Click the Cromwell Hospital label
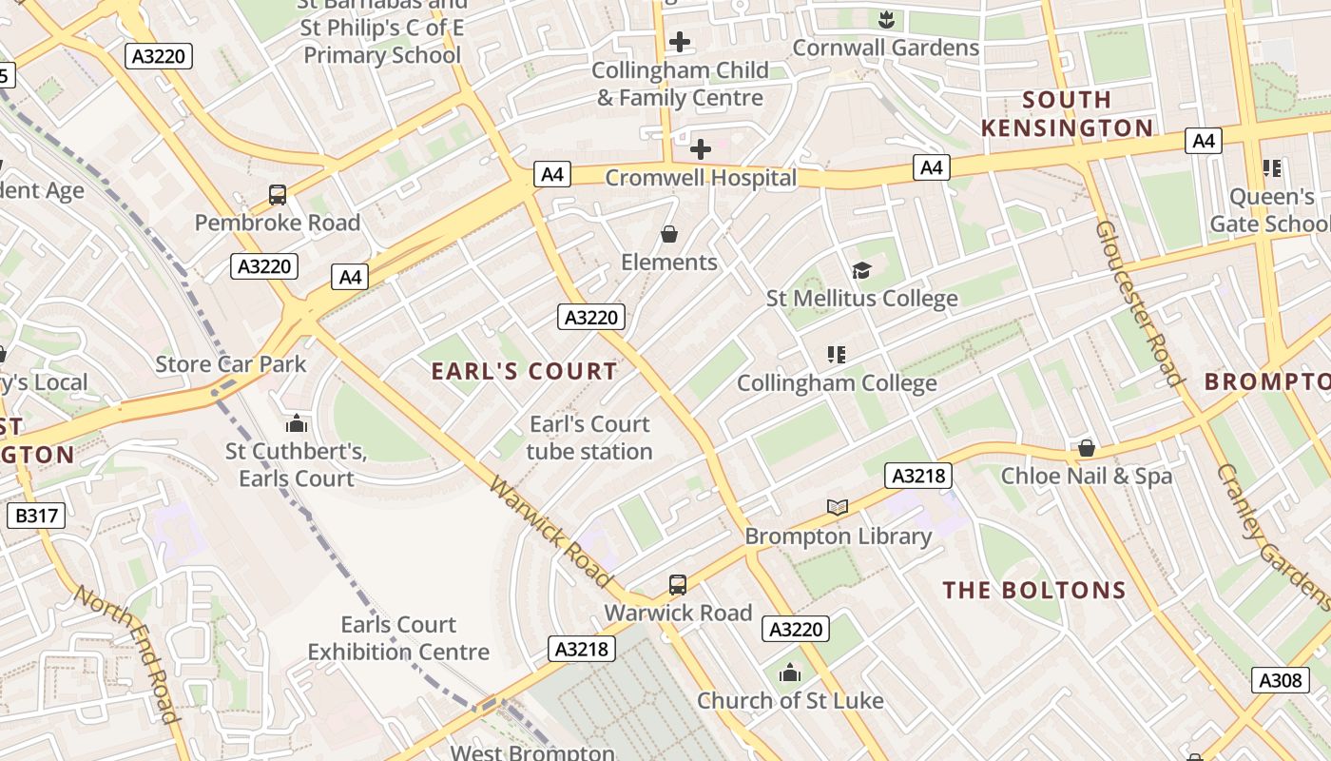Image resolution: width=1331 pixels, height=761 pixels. click(701, 178)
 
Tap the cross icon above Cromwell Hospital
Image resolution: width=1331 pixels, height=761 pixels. click(701, 149)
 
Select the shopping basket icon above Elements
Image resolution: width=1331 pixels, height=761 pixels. click(669, 234)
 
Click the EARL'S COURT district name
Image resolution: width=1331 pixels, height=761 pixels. click(525, 371)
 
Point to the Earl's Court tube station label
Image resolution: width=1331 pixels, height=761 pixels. click(589, 438)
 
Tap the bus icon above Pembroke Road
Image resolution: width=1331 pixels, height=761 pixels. click(278, 195)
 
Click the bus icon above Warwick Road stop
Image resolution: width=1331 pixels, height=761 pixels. click(678, 585)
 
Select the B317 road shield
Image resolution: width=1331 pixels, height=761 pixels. click(36, 517)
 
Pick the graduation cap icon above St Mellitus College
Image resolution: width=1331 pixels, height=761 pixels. click(861, 271)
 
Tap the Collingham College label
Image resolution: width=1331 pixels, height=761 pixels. click(837, 383)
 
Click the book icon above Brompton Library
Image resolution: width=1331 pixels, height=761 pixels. click(838, 508)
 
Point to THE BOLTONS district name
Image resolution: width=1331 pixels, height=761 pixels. click(1034, 590)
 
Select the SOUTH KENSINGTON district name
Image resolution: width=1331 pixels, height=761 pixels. click(1067, 113)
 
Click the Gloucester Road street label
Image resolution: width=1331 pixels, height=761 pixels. click(1138, 302)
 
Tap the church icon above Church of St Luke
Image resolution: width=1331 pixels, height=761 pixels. click(790, 673)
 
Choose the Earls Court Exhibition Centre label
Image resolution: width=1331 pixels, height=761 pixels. click(398, 638)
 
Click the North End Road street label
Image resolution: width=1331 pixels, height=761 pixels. click(127, 654)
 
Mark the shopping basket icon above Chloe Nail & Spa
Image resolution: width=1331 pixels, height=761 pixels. click(1087, 448)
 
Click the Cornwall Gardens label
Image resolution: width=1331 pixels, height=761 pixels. click(885, 48)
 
